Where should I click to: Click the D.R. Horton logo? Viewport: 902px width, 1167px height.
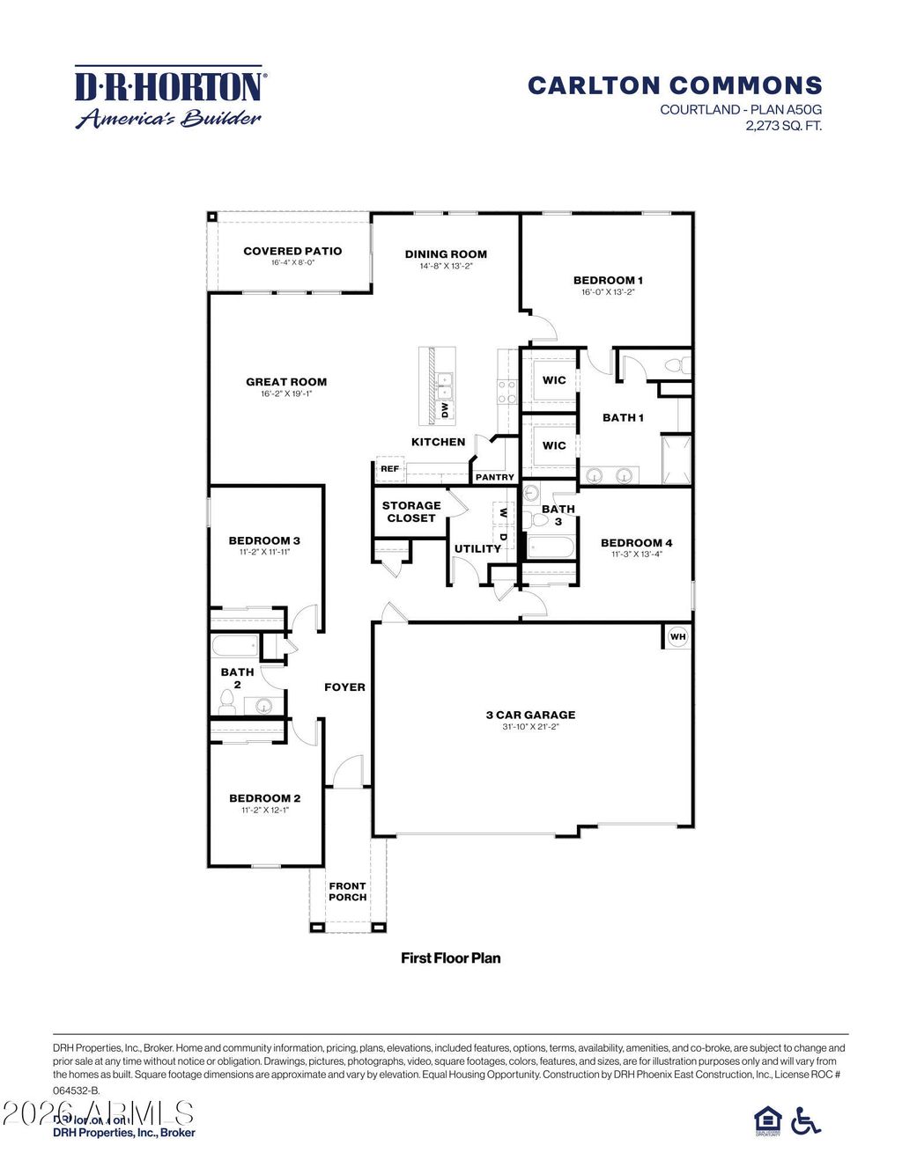click(168, 97)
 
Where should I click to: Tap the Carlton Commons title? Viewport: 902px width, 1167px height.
click(675, 85)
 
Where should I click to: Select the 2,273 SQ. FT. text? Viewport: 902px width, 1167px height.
click(783, 125)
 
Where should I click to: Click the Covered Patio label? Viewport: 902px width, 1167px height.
click(292, 251)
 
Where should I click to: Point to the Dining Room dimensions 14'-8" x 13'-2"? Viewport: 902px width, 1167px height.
click(446, 266)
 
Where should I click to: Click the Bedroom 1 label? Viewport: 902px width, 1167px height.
click(608, 280)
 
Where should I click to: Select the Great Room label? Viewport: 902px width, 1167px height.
click(286, 382)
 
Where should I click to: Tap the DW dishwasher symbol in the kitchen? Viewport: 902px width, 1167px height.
click(445, 410)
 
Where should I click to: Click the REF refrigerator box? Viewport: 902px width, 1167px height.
click(389, 469)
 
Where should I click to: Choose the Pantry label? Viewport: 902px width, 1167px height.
click(494, 477)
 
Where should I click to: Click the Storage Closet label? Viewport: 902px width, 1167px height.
click(411, 511)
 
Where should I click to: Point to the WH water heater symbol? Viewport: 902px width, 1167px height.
click(677, 636)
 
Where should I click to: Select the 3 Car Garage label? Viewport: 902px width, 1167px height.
click(530, 715)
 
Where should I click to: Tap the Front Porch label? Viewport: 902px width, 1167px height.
click(347, 892)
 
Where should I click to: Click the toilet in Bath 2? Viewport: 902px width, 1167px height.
click(226, 701)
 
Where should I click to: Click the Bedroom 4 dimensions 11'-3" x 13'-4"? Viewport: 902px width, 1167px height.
click(636, 554)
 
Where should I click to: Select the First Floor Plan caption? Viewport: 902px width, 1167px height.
click(450, 958)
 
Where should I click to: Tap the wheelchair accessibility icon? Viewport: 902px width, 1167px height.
click(805, 1120)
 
